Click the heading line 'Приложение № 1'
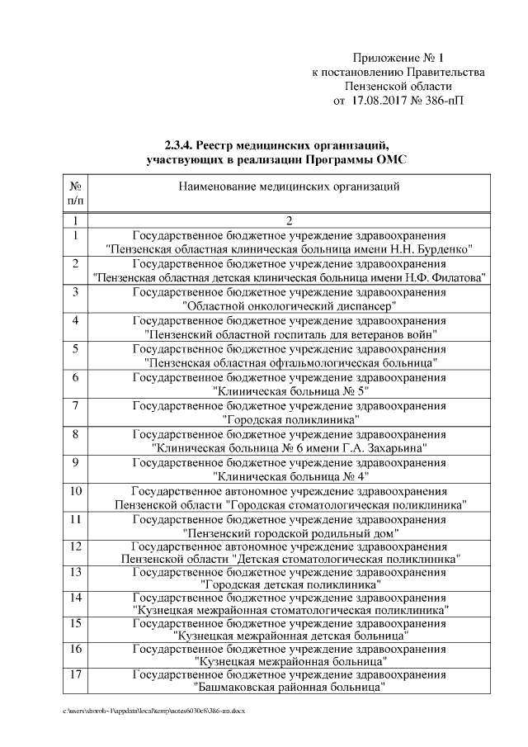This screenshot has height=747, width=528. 398,58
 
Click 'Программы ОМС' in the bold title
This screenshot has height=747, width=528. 364,158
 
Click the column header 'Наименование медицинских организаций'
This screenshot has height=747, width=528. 289,187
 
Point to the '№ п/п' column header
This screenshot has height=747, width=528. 75,194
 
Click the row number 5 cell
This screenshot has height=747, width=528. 75,348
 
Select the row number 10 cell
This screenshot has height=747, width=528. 75,491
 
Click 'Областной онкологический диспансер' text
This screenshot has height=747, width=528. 289,305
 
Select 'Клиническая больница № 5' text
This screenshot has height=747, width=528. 290,391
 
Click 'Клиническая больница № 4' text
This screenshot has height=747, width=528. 290,476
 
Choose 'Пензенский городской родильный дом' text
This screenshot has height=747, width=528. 290,533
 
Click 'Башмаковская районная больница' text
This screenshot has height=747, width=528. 290,686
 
